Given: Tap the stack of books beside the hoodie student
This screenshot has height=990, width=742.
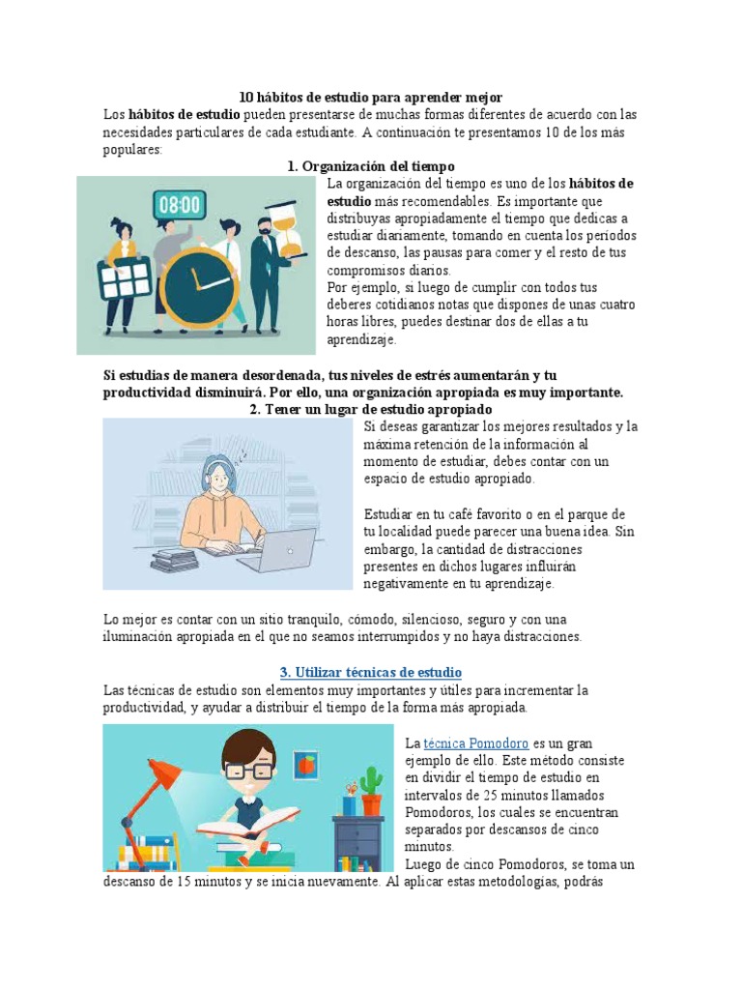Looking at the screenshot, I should click(174, 558).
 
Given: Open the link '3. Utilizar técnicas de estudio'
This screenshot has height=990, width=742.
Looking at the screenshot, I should click(370, 672).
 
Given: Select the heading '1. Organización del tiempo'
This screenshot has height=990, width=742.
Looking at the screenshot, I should click(370, 167).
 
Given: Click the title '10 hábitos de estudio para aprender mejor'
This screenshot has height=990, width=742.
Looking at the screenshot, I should click(371, 98).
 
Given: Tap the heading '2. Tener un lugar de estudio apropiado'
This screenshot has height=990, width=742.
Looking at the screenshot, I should click(370, 410).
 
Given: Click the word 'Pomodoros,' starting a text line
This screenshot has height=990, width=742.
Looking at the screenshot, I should click(437, 811).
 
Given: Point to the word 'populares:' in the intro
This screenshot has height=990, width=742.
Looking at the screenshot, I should click(133, 151).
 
